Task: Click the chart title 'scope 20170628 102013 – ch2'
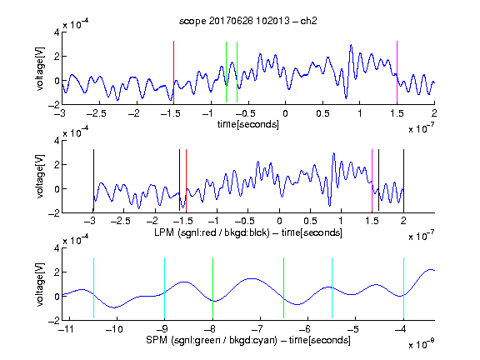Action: pos(247,21)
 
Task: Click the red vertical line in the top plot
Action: pos(173,72)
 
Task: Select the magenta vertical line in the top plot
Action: pos(397,72)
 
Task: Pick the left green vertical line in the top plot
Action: pos(226,72)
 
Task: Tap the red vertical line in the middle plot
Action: pos(186,181)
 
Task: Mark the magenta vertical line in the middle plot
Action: pos(372,181)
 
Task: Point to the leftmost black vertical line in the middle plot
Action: pos(93,181)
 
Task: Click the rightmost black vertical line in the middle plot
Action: pos(403,181)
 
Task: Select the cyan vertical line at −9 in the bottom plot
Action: pos(165,288)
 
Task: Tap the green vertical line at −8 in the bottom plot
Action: pos(212,288)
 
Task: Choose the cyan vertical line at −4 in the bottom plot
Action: pos(403,288)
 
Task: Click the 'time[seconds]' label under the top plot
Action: pos(248,124)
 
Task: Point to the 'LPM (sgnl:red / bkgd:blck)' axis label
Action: pos(212,232)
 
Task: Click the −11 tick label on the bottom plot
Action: pos(66,329)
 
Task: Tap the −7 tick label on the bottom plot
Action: pos(257,329)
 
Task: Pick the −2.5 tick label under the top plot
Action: pos(96,113)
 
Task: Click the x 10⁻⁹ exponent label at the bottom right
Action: pos(422,344)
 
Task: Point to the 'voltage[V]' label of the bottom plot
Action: pos(40,284)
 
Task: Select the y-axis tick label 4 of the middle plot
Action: pos(57,141)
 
